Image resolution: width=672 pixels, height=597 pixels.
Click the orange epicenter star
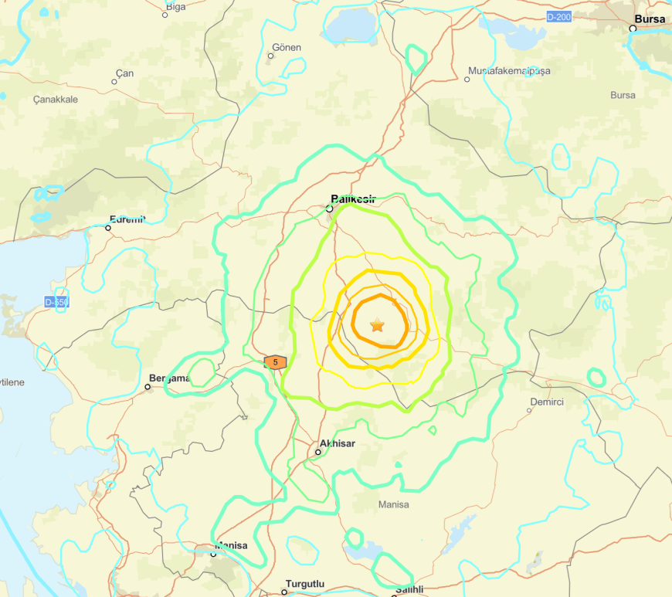(x=377, y=325)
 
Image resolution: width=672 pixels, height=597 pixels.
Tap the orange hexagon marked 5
(x=275, y=361)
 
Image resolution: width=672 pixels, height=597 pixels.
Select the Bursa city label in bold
(x=649, y=19)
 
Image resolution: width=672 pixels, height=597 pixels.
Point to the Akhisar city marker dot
(x=318, y=452)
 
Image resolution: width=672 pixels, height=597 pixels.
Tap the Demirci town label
(x=547, y=402)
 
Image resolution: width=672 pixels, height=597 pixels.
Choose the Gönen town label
(x=285, y=47)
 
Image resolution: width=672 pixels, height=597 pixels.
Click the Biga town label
(x=175, y=7)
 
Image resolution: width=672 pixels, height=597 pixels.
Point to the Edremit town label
(x=127, y=219)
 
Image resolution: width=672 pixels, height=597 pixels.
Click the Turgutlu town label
(x=305, y=584)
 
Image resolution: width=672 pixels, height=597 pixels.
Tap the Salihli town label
(x=409, y=590)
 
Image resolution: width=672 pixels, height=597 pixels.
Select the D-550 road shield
(x=56, y=302)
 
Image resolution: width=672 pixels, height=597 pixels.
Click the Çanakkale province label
(x=56, y=100)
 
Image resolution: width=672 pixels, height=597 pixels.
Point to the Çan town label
(x=124, y=73)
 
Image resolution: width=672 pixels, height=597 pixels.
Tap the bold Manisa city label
(x=232, y=545)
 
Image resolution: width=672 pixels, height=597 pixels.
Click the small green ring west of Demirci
(x=596, y=377)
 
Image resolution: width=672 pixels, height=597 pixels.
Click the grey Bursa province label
(x=623, y=95)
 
